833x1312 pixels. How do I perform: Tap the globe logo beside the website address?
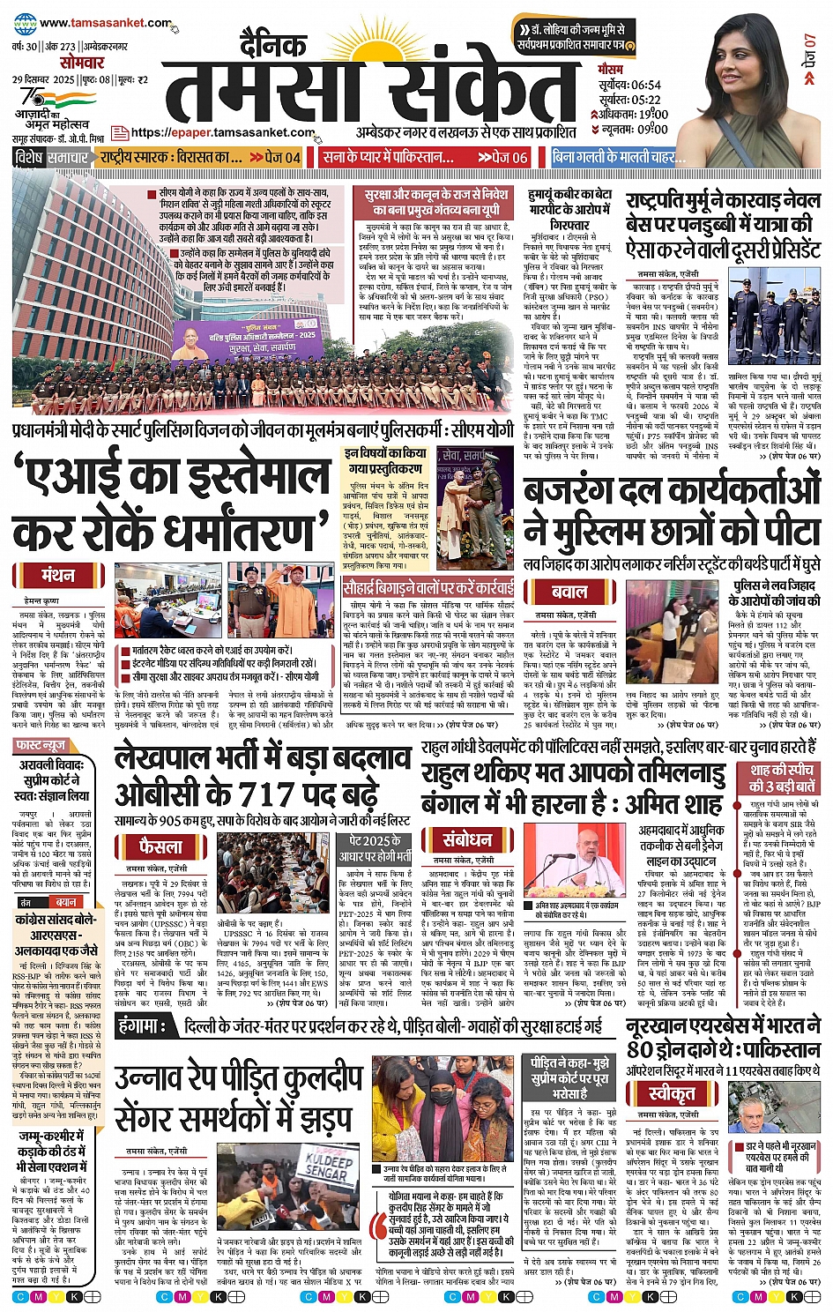click(26, 24)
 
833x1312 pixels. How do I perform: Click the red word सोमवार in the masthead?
click(82, 63)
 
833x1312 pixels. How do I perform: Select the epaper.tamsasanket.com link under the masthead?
click(222, 133)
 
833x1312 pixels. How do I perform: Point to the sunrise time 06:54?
click(645, 85)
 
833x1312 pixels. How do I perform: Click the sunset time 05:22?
click(645, 100)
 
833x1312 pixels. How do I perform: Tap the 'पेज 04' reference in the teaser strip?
click(275, 158)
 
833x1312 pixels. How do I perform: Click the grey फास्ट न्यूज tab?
click(40, 745)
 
